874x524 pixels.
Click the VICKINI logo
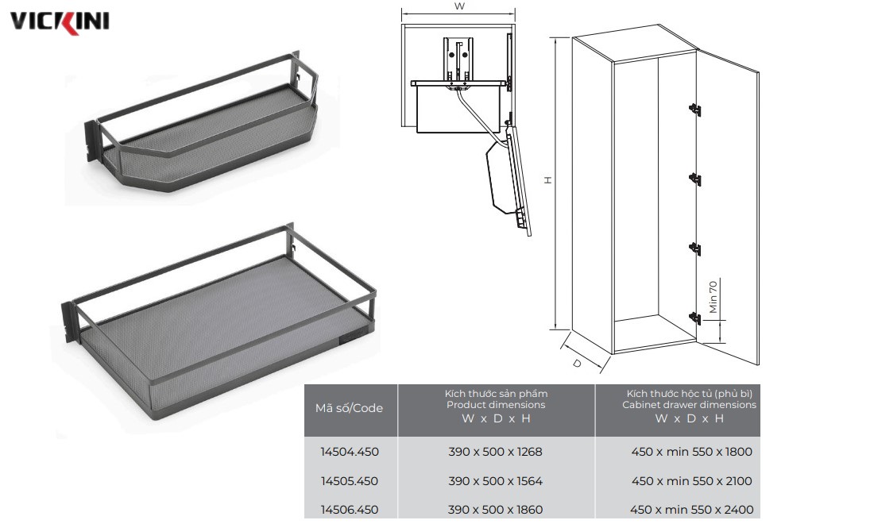pos(60,21)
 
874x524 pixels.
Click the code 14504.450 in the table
pos(350,452)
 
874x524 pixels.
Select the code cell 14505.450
pos(350,480)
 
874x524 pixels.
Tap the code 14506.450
pos(350,510)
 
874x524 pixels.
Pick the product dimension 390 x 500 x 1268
pos(496,452)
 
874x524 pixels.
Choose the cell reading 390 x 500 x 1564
pos(496,480)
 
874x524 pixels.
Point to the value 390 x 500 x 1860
pos(496,510)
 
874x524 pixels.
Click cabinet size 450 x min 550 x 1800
pos(692,452)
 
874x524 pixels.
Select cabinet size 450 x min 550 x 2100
pos(692,480)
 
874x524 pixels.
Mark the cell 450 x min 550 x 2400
pos(692,510)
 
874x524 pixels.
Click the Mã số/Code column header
pos(349,408)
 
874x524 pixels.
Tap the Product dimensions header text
pos(496,405)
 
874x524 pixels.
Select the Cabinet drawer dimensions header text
pos(690,405)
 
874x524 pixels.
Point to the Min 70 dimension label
pos(713,297)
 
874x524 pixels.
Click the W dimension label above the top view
pos(459,6)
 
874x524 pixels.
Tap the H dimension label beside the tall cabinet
pos(548,180)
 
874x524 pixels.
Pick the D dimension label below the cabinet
pos(578,363)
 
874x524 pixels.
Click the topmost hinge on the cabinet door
pos(694,109)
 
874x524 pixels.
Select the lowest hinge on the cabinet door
pos(694,318)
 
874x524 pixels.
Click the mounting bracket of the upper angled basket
pos(91,141)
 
